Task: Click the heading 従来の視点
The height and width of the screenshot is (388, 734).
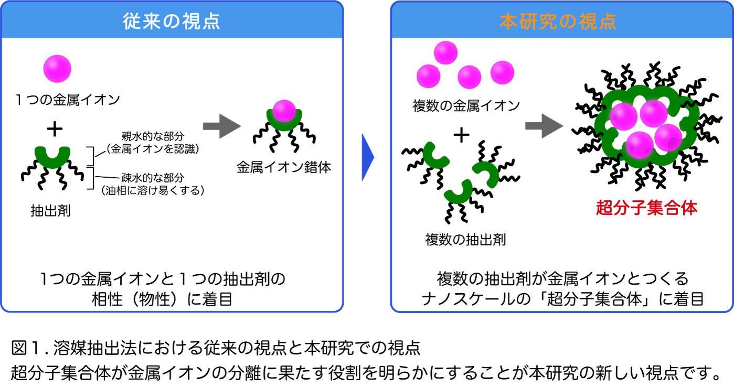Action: click(172, 21)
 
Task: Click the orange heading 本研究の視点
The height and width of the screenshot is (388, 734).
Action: click(558, 21)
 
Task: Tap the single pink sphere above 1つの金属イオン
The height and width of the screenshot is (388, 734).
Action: click(57, 69)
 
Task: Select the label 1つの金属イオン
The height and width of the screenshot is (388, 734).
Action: click(68, 100)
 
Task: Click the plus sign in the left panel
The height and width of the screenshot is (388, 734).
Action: click(55, 128)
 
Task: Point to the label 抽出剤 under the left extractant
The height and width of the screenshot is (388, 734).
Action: click(50, 211)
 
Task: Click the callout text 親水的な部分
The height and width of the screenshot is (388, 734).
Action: click(153, 136)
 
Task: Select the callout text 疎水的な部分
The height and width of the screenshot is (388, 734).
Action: click(153, 178)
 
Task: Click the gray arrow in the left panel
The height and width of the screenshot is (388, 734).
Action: click(222, 126)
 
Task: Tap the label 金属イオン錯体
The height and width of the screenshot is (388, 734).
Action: click(284, 167)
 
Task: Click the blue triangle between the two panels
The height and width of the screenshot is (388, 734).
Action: click(367, 157)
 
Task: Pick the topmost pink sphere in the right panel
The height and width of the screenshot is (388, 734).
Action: click(445, 52)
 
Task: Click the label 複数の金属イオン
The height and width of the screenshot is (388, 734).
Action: click(466, 106)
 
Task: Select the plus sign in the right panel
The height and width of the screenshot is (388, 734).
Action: click(461, 135)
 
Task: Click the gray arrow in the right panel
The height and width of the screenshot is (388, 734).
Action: click(544, 126)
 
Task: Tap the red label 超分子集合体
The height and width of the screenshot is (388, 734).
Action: click(646, 208)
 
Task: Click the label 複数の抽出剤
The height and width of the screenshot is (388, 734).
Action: click(465, 240)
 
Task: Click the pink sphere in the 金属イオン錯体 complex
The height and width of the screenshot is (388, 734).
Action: click(284, 111)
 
